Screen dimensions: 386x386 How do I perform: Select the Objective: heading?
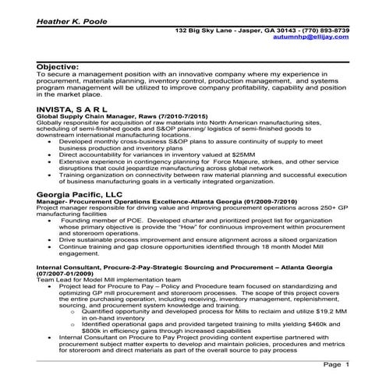click(58, 68)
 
